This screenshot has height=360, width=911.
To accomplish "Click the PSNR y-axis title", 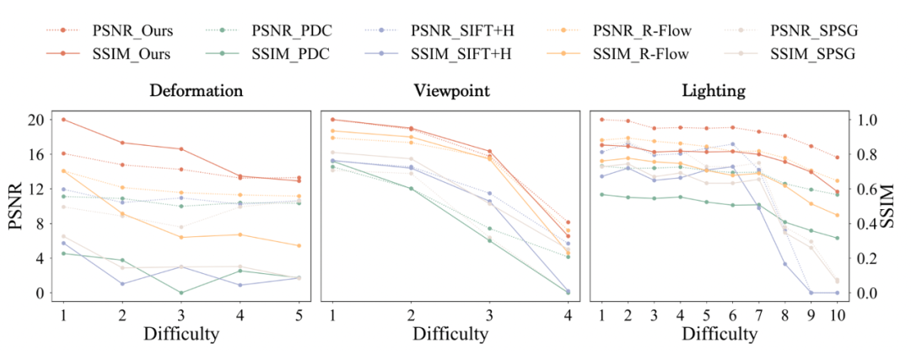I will point(15,207).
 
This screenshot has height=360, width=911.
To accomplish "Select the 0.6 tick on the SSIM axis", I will point(869,189).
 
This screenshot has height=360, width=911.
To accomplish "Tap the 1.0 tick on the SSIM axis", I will point(869,120).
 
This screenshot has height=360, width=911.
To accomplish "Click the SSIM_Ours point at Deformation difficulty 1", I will point(63,120).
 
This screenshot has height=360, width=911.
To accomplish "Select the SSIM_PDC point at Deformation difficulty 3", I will point(182,293).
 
